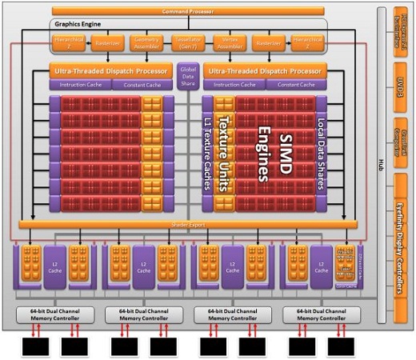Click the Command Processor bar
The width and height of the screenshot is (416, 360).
pos(187,12)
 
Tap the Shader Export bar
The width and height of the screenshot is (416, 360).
pos(188,225)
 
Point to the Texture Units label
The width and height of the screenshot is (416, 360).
pos(224,153)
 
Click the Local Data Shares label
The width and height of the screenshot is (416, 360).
pos(321,153)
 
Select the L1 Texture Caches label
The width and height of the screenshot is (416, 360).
pos(206,153)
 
